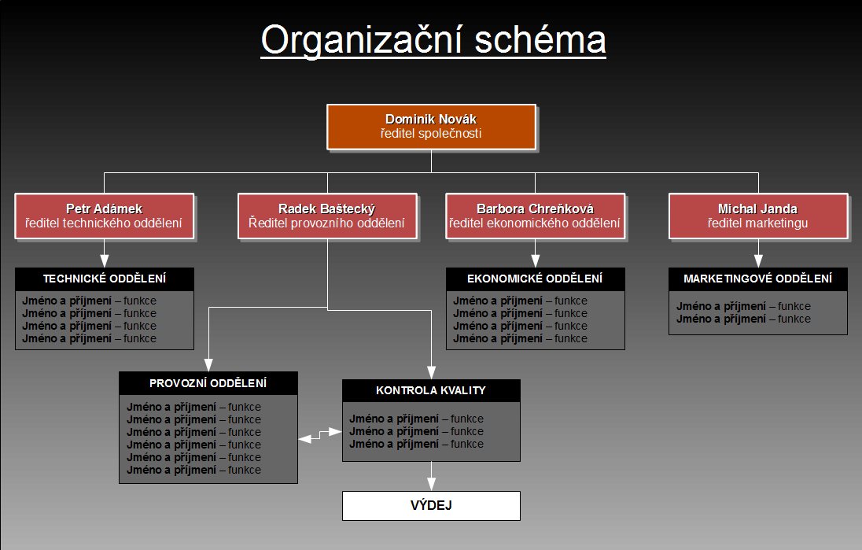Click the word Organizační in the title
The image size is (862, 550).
pyautogui.click(x=360, y=39)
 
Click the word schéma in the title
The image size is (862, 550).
pyautogui.click(x=540, y=39)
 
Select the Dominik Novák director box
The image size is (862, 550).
pyautogui.click(x=431, y=127)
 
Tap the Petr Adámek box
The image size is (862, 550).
pyautogui.click(x=105, y=216)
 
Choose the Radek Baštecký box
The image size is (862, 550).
pyautogui.click(x=327, y=216)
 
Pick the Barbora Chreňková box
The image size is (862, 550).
pyautogui.click(x=535, y=216)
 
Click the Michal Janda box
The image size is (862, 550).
pyautogui.click(x=758, y=216)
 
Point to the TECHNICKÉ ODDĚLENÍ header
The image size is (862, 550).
pyautogui.click(x=105, y=279)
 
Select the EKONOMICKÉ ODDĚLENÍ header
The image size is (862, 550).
pyautogui.click(x=535, y=279)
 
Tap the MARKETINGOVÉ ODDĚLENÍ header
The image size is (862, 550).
pyautogui.click(x=758, y=279)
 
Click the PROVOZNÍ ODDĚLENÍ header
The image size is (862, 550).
pyautogui.click(x=208, y=383)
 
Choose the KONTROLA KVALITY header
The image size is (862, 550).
pyautogui.click(x=431, y=390)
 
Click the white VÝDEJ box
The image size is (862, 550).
pyautogui.click(x=431, y=505)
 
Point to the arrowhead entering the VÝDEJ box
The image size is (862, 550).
pyautogui.click(x=431, y=484)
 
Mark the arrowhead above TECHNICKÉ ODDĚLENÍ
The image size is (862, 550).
pyautogui.click(x=105, y=260)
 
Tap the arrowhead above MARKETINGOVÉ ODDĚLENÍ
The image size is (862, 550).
pyautogui.click(x=758, y=260)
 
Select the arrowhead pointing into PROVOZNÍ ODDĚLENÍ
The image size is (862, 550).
pyautogui.click(x=208, y=364)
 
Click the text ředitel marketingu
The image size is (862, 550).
pyautogui.click(x=757, y=223)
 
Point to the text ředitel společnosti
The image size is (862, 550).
pyautogui.click(x=431, y=134)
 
